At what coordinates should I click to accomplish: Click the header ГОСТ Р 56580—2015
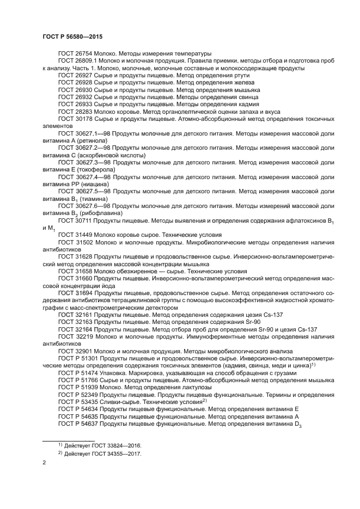[x=72, y=36]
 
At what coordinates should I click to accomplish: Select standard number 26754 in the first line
[x=83, y=54]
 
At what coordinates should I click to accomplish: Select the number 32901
[x=83, y=351]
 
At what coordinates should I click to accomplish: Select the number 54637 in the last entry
[x=87, y=423]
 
